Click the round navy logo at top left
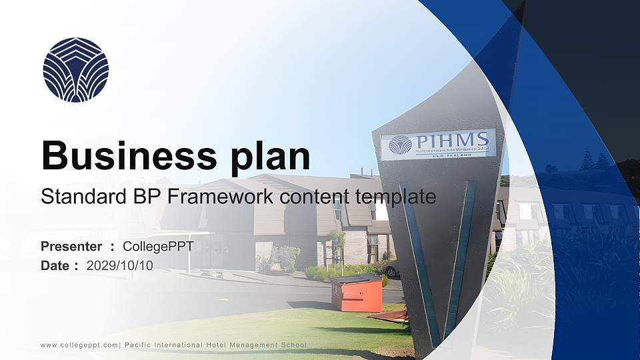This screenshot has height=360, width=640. [x=75, y=69]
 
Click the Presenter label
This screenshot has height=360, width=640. [x=71, y=247]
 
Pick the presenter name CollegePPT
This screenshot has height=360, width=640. [x=158, y=247]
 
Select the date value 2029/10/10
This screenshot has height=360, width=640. [x=119, y=265]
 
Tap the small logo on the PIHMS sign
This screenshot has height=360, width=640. [x=400, y=145]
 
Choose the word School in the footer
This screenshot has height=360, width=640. [x=293, y=345]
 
